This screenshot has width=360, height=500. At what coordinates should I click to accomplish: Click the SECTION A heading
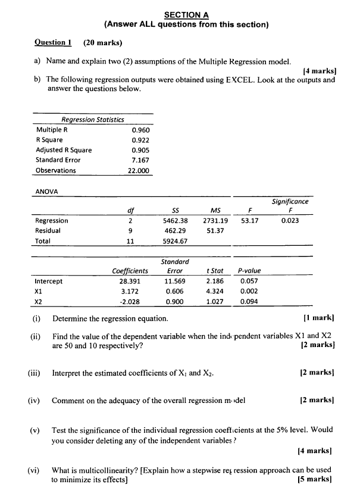coord(186,15)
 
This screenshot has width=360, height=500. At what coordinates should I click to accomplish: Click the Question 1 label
coord(53,42)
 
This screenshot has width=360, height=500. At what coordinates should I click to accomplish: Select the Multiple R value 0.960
coord(140,130)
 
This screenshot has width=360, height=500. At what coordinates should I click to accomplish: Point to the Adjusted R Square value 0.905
coord(140,150)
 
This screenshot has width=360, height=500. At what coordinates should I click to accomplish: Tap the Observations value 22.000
coord(139,170)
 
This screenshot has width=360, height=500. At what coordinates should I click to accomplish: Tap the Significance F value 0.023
coord(290,221)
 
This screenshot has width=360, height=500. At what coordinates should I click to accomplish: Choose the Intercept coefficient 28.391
coord(130,281)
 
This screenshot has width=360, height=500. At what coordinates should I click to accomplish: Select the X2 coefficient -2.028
coord(130,301)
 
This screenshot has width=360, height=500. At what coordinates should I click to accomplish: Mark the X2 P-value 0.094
coord(249,301)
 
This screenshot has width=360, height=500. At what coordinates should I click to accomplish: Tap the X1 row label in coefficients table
coord(40,291)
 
